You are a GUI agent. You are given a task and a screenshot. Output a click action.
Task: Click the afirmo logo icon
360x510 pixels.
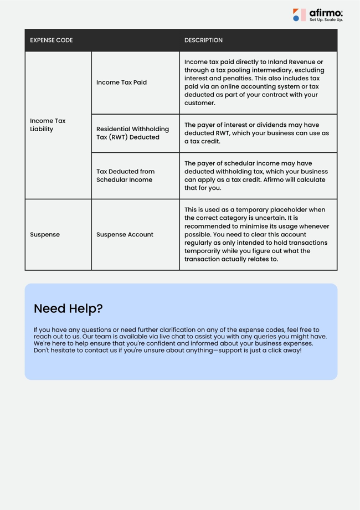(299, 15)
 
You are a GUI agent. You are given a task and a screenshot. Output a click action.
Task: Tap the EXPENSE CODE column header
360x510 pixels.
(52, 40)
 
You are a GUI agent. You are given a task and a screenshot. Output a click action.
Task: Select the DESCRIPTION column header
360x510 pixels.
(203, 40)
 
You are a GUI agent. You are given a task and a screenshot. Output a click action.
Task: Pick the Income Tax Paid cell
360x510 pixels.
(121, 83)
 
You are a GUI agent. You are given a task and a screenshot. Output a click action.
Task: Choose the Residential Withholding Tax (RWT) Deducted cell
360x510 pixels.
(132, 133)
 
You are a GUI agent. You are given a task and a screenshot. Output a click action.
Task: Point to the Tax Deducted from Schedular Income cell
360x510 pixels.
(125, 176)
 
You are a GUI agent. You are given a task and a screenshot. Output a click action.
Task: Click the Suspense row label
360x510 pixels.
(45, 235)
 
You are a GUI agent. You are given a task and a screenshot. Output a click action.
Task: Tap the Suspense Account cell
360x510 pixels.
(125, 235)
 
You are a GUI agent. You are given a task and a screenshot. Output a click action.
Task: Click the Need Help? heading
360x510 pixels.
(68, 308)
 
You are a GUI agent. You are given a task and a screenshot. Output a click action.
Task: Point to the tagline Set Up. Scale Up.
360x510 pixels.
(326, 20)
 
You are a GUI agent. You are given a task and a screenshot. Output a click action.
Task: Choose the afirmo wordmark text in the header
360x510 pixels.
(326, 12)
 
